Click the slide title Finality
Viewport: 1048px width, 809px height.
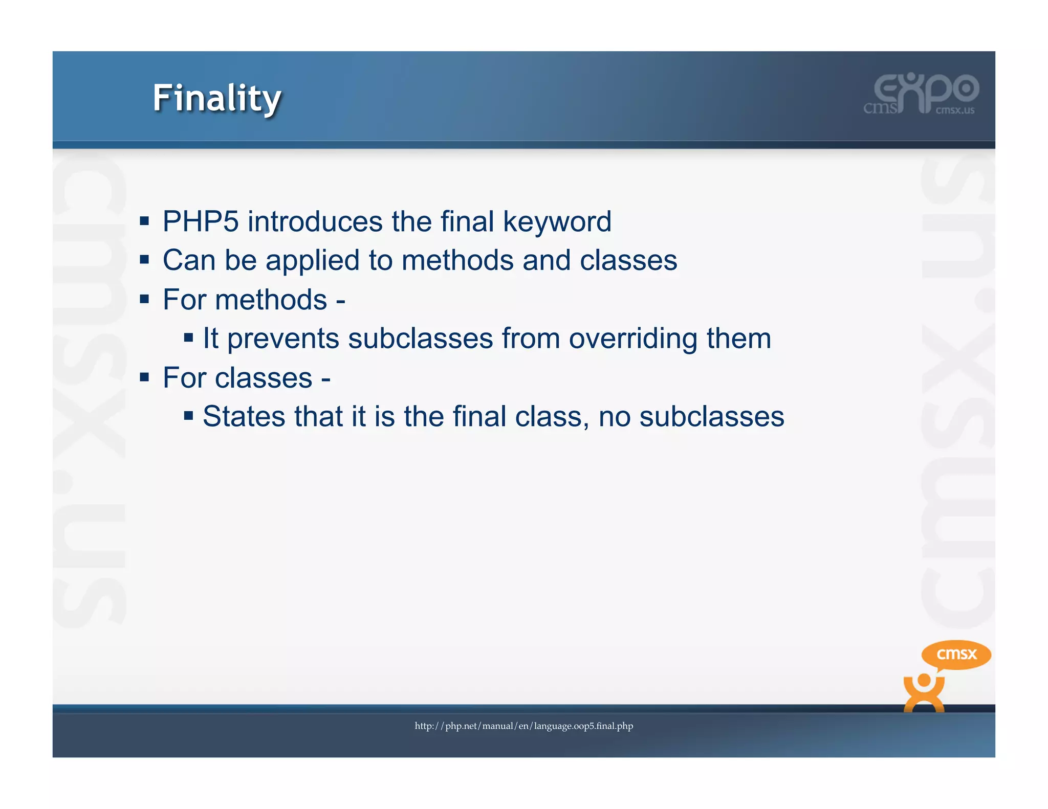tap(217, 98)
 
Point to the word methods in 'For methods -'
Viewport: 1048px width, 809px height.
tap(271, 300)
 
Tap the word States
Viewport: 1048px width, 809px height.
tap(244, 416)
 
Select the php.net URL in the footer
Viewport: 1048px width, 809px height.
tap(523, 726)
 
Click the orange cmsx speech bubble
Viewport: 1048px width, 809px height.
tap(956, 654)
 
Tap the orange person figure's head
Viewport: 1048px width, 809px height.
tap(924, 681)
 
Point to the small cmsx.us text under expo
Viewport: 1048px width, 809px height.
tap(955, 110)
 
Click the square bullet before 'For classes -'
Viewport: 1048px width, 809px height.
tap(144, 377)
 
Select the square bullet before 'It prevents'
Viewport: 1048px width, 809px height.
tap(188, 338)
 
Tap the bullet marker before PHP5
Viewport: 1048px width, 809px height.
tap(144, 221)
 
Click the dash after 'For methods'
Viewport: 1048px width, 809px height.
tap(340, 301)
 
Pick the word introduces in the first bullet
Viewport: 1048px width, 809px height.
tap(315, 222)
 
